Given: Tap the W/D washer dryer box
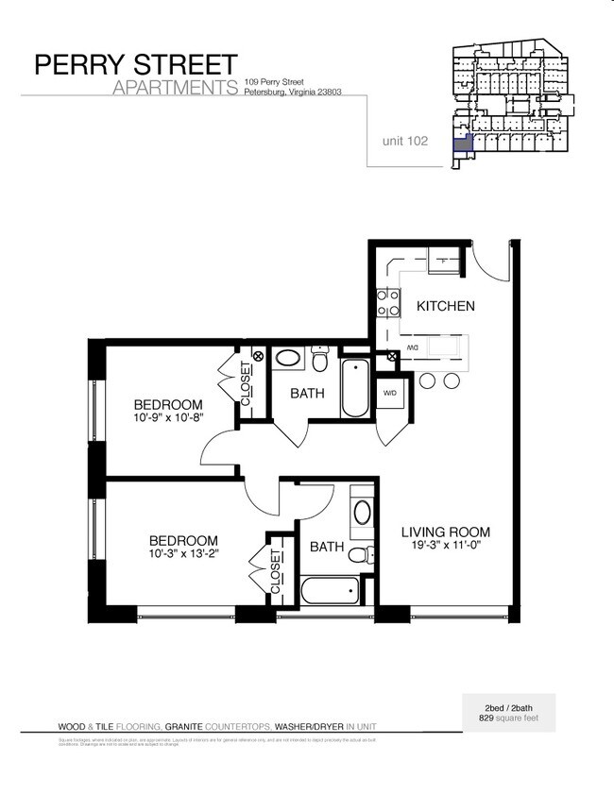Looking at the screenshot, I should coord(389,392).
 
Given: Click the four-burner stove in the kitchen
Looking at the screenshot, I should coord(386,302).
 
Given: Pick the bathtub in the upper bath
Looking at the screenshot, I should coord(356,388).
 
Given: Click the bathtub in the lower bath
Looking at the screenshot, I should coord(330,592).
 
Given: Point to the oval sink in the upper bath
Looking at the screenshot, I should coord(286,360).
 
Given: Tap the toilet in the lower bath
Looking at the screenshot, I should coord(359,553).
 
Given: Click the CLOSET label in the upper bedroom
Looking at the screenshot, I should coord(246,384).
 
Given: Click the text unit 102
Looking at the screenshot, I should coord(405,142).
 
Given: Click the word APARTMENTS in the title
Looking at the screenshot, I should coord(174,89).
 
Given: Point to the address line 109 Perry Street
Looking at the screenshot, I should coord(273,82).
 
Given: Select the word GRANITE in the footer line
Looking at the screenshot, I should coord(188,726).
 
